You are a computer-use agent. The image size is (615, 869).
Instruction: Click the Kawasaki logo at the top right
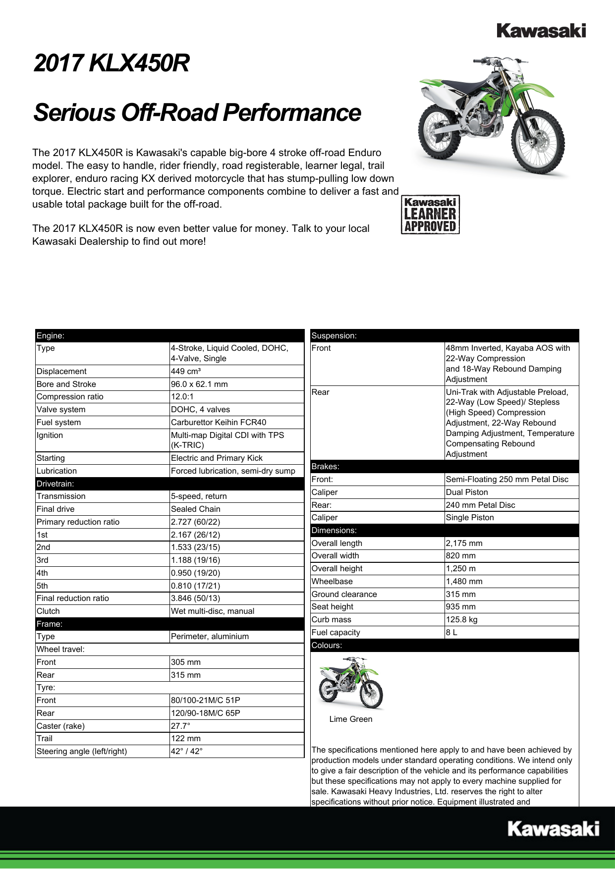(541, 31)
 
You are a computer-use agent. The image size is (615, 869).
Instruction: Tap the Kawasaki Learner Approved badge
(430, 215)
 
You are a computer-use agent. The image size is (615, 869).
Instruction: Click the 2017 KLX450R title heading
(112, 63)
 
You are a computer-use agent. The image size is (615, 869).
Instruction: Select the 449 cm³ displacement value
(185, 371)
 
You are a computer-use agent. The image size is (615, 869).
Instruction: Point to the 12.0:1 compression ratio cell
(182, 396)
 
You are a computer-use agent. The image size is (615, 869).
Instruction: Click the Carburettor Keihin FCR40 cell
(219, 422)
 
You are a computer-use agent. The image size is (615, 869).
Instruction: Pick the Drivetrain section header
(55, 484)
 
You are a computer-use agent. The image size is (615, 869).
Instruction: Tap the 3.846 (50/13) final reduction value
(195, 598)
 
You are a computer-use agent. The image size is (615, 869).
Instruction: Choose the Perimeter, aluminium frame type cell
(210, 636)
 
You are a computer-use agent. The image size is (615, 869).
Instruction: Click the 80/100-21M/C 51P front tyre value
(205, 700)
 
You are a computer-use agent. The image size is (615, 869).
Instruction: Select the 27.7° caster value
(180, 726)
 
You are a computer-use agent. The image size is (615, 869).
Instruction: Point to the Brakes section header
(326, 466)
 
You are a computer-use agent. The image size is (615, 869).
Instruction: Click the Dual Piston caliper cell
(467, 492)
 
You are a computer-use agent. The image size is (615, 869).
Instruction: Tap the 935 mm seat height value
(460, 606)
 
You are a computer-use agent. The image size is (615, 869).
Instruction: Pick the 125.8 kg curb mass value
(461, 619)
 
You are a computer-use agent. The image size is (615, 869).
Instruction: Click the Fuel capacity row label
(336, 632)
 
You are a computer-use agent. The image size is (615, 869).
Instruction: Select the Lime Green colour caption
(350, 719)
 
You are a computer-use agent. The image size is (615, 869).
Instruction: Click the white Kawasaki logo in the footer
(553, 828)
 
